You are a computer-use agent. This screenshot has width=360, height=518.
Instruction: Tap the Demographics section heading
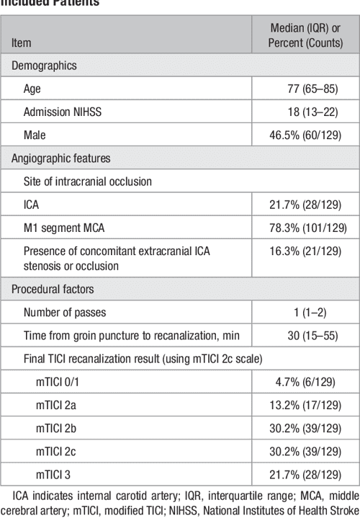point(42,66)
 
